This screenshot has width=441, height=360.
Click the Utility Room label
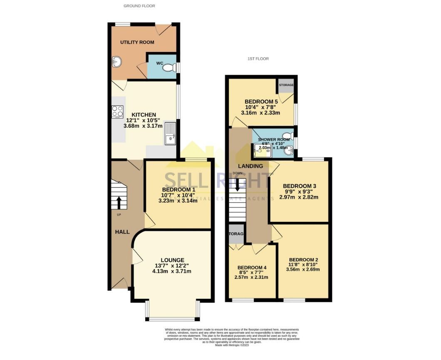point(137,42)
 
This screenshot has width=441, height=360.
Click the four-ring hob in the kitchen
point(117,111)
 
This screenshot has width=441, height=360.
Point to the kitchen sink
point(171,134)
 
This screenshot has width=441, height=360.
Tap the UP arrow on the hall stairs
point(119,203)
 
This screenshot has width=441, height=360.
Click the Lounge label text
point(173,260)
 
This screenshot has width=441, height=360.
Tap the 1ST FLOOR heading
point(258,59)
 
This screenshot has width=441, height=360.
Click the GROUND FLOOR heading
point(139,6)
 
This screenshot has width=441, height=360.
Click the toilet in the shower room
point(286,135)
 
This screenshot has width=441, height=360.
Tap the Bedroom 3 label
point(300,186)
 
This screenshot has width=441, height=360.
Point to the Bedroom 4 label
point(252,267)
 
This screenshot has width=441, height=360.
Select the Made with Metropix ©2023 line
point(231,345)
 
